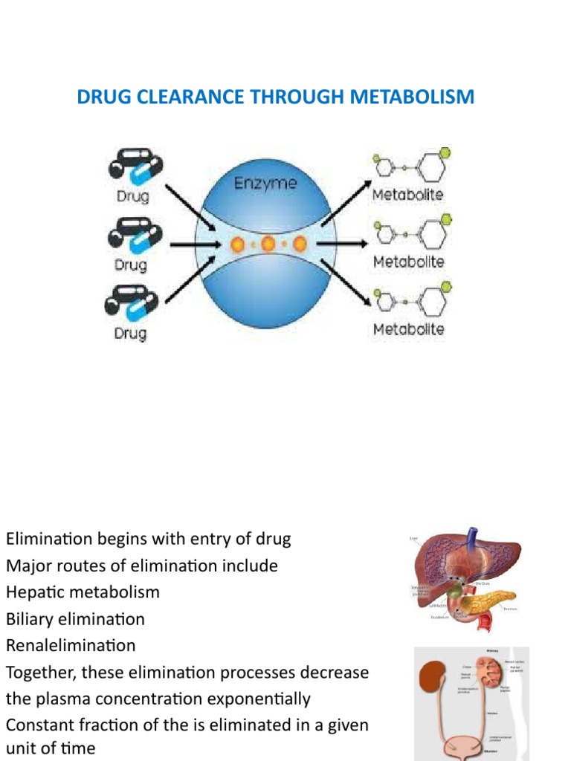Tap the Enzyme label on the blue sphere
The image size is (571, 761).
coord(265,184)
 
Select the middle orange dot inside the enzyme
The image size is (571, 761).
coord(268,244)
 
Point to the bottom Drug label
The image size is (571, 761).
coord(131,333)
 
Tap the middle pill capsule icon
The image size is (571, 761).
coord(134,233)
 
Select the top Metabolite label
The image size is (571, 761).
coord(408,195)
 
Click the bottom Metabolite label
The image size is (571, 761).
coord(408,329)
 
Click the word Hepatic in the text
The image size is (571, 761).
coord(35,592)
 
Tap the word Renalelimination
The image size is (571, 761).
coord(71,645)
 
